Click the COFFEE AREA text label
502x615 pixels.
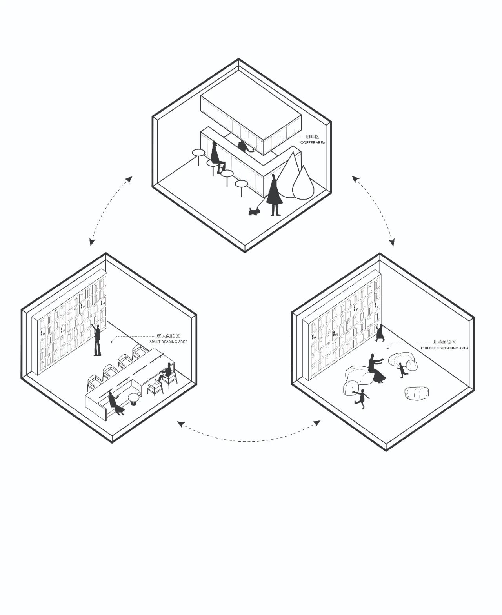click(x=313, y=142)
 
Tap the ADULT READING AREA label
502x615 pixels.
click(x=168, y=342)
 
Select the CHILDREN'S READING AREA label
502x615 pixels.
click(x=444, y=348)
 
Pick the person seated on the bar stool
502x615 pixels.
click(x=216, y=157)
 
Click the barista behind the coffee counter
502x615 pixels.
click(x=244, y=147)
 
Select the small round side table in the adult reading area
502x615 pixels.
click(x=134, y=398)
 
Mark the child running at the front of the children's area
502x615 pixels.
click(x=361, y=399)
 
